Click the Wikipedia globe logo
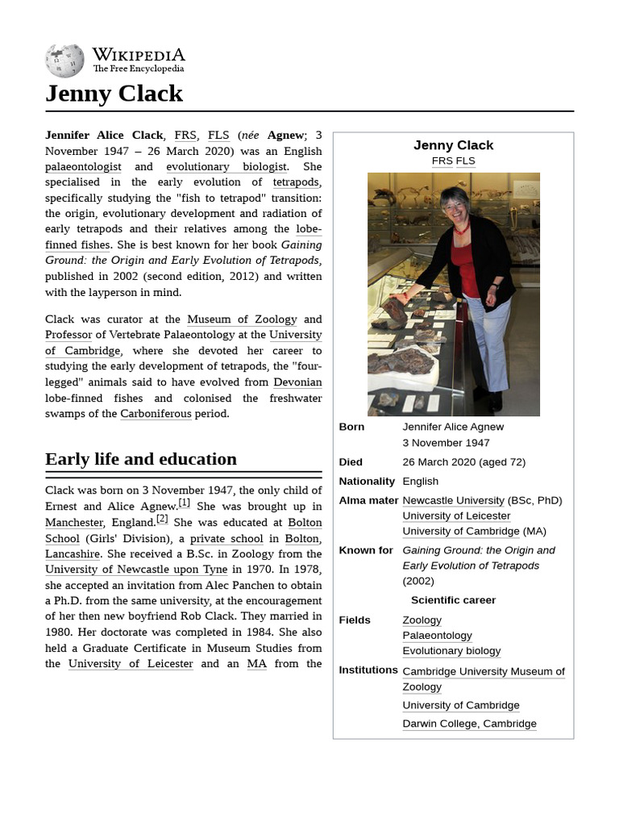pyautogui.click(x=64, y=60)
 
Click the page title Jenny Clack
pyautogui.click(x=114, y=94)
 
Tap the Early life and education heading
pyautogui.click(x=141, y=459)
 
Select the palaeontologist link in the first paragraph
pyautogui.click(x=83, y=167)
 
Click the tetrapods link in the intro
pyautogui.click(x=296, y=182)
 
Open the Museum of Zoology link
pyautogui.click(x=242, y=319)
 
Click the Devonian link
pyautogui.click(x=297, y=382)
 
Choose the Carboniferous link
pyautogui.click(x=156, y=414)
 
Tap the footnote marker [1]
pyautogui.click(x=184, y=503)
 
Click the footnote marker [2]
pyautogui.click(x=162, y=519)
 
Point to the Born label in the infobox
pyautogui.click(x=351, y=427)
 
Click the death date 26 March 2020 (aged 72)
pyautogui.click(x=463, y=462)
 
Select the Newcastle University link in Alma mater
pyautogui.click(x=453, y=501)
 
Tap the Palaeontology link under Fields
pyautogui.click(x=437, y=636)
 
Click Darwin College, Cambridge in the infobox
pyautogui.click(x=469, y=724)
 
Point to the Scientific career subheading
pyautogui.click(x=453, y=600)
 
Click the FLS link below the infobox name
pyautogui.click(x=465, y=161)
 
